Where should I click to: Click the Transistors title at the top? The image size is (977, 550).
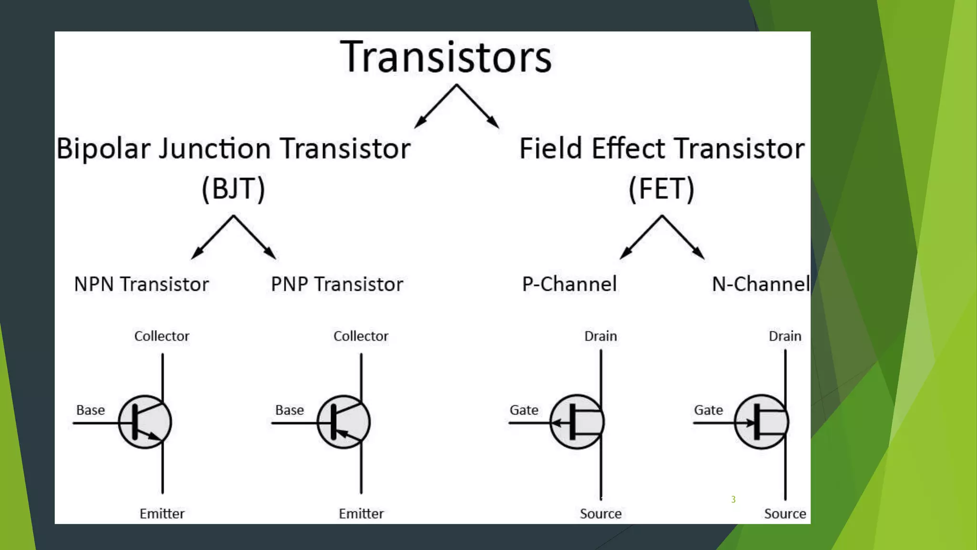(x=446, y=57)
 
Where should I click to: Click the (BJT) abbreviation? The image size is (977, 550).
(x=233, y=189)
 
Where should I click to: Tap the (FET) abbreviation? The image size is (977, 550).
(x=661, y=189)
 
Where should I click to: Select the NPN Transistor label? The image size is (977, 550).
(x=141, y=284)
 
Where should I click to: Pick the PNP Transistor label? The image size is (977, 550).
(x=337, y=284)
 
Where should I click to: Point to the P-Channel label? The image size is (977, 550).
(x=569, y=284)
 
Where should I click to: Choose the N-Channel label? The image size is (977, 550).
(x=760, y=284)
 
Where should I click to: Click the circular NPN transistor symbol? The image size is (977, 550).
(x=145, y=422)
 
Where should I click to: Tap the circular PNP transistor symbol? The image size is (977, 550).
(x=343, y=422)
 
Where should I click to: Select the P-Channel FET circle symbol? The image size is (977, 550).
(x=577, y=422)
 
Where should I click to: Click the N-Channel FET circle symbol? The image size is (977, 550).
(x=761, y=422)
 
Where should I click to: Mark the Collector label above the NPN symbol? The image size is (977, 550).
(x=162, y=336)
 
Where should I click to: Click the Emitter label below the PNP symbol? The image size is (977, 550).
(x=361, y=514)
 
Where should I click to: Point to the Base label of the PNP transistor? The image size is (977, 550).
(x=290, y=410)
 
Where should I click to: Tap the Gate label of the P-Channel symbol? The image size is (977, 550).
(x=524, y=410)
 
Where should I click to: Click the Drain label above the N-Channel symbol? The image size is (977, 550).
(x=785, y=336)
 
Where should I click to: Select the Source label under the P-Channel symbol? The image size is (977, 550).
(x=601, y=514)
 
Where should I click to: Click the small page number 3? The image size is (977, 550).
(x=733, y=499)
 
